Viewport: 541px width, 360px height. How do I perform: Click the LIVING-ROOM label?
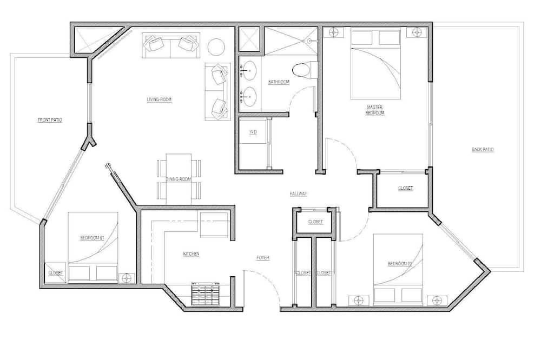click(x=159, y=99)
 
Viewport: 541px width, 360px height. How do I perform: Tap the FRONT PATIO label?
click(x=50, y=120)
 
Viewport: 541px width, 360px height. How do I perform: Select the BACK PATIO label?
click(x=483, y=150)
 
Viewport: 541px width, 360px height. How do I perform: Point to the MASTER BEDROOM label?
click(x=375, y=110)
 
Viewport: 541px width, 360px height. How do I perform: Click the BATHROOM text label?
click(x=279, y=82)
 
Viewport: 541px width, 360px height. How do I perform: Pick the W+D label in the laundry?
click(x=253, y=132)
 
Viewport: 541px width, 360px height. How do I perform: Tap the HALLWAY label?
click(x=299, y=194)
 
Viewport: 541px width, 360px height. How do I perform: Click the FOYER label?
click(x=263, y=258)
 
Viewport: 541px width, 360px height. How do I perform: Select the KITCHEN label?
click(x=191, y=254)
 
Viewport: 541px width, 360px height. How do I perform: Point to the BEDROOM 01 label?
click(x=92, y=238)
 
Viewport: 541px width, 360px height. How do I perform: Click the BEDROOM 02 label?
click(x=400, y=264)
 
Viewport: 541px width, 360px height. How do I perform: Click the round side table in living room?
click(x=216, y=47)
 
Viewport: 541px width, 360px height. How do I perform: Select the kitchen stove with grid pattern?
click(x=206, y=294)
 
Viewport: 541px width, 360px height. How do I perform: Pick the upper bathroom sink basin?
click(x=248, y=71)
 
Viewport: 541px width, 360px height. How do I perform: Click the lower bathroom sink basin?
click(x=248, y=96)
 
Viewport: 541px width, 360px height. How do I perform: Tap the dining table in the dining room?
click(x=179, y=179)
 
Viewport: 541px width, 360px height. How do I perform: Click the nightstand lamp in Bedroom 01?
click(x=127, y=278)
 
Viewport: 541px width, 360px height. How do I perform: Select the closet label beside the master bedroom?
click(x=405, y=189)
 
